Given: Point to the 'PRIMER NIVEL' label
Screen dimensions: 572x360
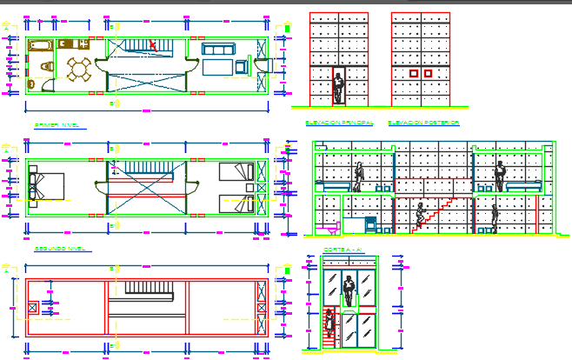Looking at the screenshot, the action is point(56,125).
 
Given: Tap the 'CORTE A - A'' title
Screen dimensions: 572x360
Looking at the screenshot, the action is point(337,251).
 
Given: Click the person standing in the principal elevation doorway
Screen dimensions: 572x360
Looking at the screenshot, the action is point(339,88).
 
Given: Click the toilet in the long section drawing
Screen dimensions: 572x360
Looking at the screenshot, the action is point(329,230).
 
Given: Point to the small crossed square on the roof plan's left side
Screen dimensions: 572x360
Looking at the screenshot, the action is point(33,306).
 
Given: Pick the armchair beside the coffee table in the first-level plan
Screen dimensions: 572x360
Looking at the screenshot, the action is point(240,67).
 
